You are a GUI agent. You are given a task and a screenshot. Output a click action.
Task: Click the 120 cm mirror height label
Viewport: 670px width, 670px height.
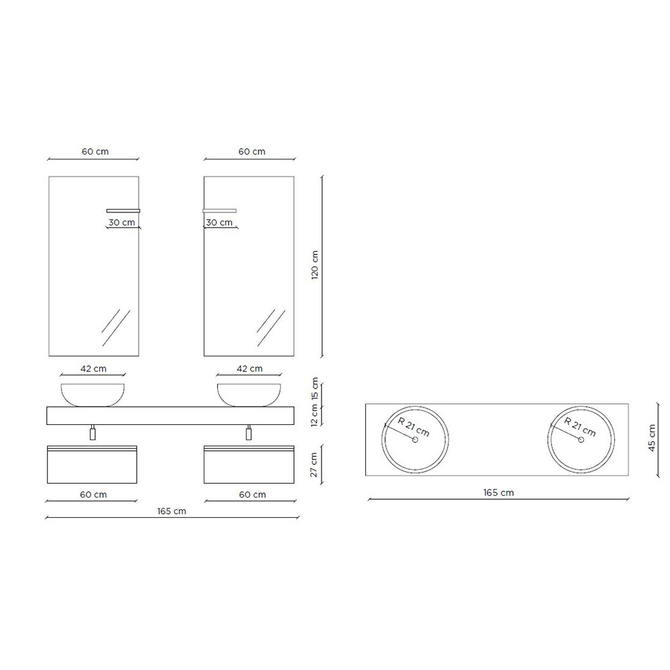[315, 265]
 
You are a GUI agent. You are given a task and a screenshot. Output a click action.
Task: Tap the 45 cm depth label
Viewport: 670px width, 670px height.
[652, 438]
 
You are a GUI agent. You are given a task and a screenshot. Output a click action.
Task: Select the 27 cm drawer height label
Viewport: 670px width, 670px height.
[314, 465]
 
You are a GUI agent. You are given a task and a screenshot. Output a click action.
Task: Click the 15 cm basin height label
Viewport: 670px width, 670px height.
[315, 389]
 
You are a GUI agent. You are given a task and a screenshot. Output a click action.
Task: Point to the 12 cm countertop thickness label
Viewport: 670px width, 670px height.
[315, 415]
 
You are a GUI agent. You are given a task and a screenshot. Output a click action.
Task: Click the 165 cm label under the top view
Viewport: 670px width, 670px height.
[498, 492]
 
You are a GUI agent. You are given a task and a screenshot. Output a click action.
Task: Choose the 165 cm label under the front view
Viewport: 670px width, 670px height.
[172, 511]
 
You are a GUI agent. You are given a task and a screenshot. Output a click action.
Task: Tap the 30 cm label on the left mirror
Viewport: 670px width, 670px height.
[122, 222]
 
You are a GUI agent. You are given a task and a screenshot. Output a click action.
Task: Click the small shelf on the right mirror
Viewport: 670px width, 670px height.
[220, 210]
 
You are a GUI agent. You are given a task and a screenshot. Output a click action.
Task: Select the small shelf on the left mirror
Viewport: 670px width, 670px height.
[123, 210]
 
